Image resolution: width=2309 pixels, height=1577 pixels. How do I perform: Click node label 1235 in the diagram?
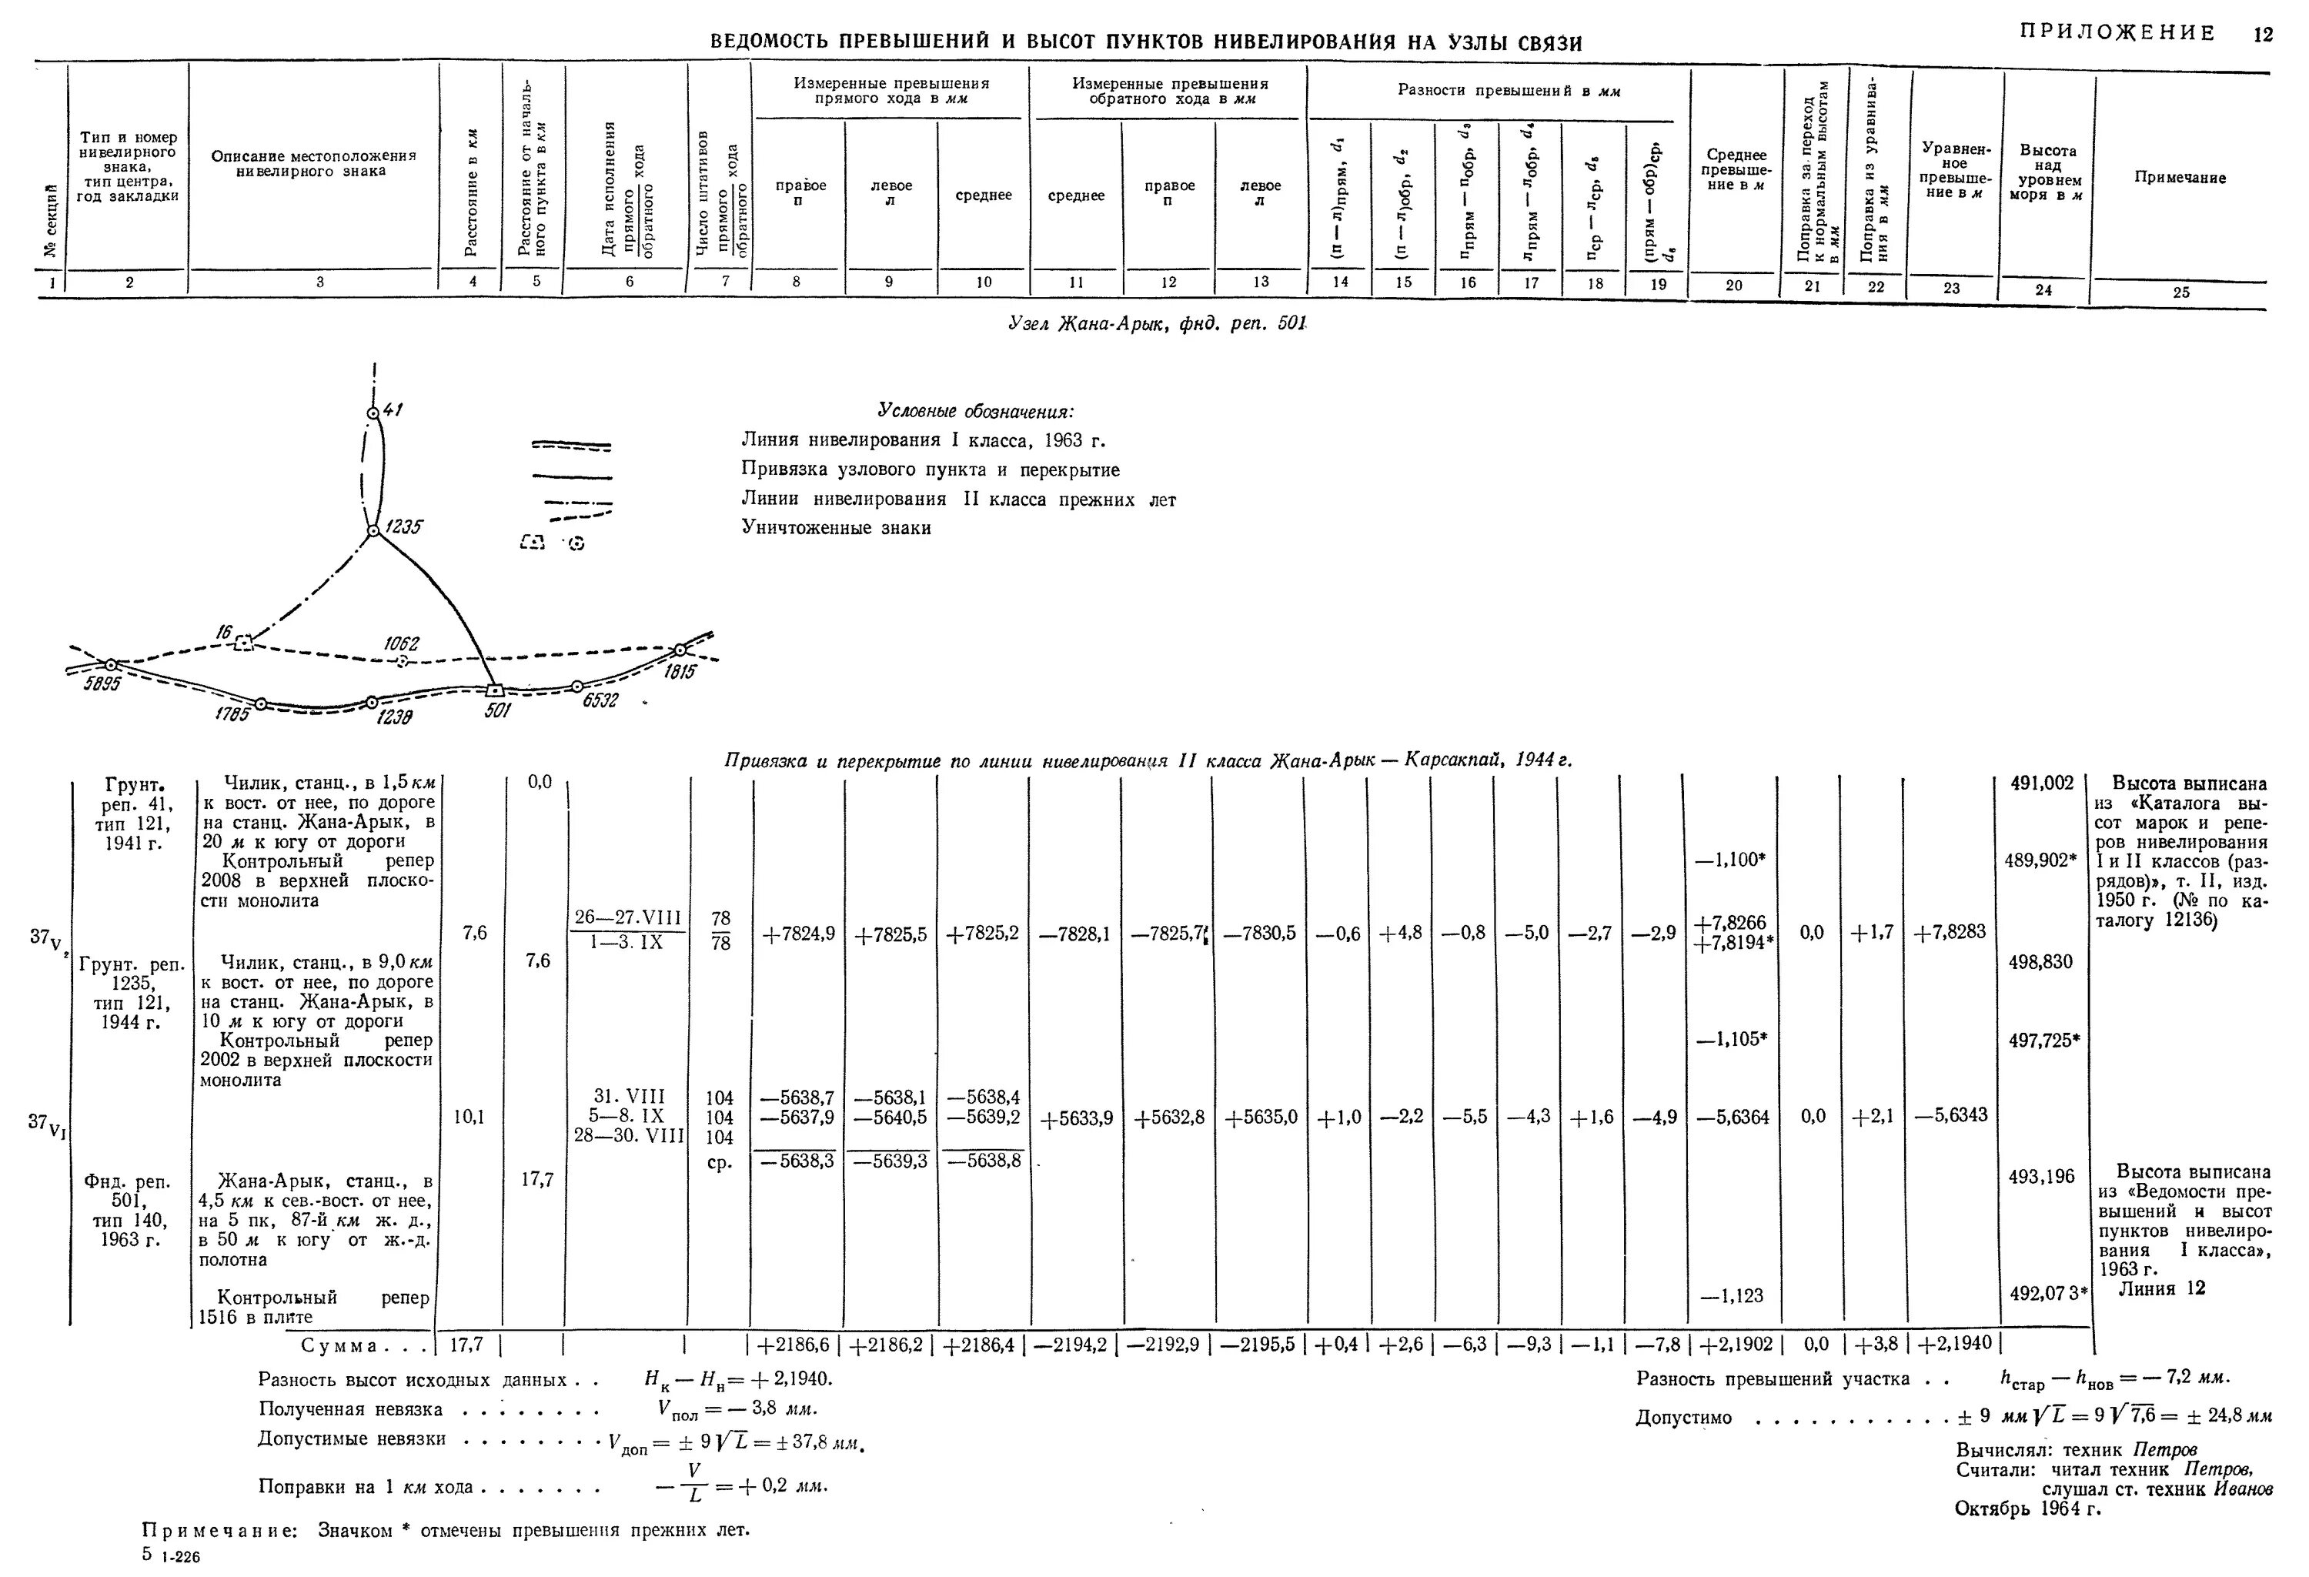click(404, 528)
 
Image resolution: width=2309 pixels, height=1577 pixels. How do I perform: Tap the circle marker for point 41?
click(373, 413)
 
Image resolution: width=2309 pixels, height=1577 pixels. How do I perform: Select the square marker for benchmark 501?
click(495, 690)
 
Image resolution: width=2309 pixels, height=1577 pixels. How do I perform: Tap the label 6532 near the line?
click(600, 700)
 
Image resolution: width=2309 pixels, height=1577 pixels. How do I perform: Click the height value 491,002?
click(2042, 783)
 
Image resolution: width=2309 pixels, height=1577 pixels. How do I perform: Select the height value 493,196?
click(2042, 1177)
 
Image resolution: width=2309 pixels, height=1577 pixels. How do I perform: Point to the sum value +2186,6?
click(798, 1345)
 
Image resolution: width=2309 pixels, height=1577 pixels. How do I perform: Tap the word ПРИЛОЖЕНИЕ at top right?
click(2117, 33)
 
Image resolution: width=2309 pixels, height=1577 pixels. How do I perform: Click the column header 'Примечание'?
click(2180, 178)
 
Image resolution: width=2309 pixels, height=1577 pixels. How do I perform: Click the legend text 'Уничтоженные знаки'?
click(836, 529)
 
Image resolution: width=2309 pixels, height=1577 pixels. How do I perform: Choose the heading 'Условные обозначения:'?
click(976, 412)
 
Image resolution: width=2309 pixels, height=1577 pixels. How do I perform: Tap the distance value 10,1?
click(469, 1116)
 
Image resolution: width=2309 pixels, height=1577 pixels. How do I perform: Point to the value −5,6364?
click(1734, 1117)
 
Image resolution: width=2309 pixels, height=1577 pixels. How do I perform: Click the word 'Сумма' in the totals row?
click(339, 1345)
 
